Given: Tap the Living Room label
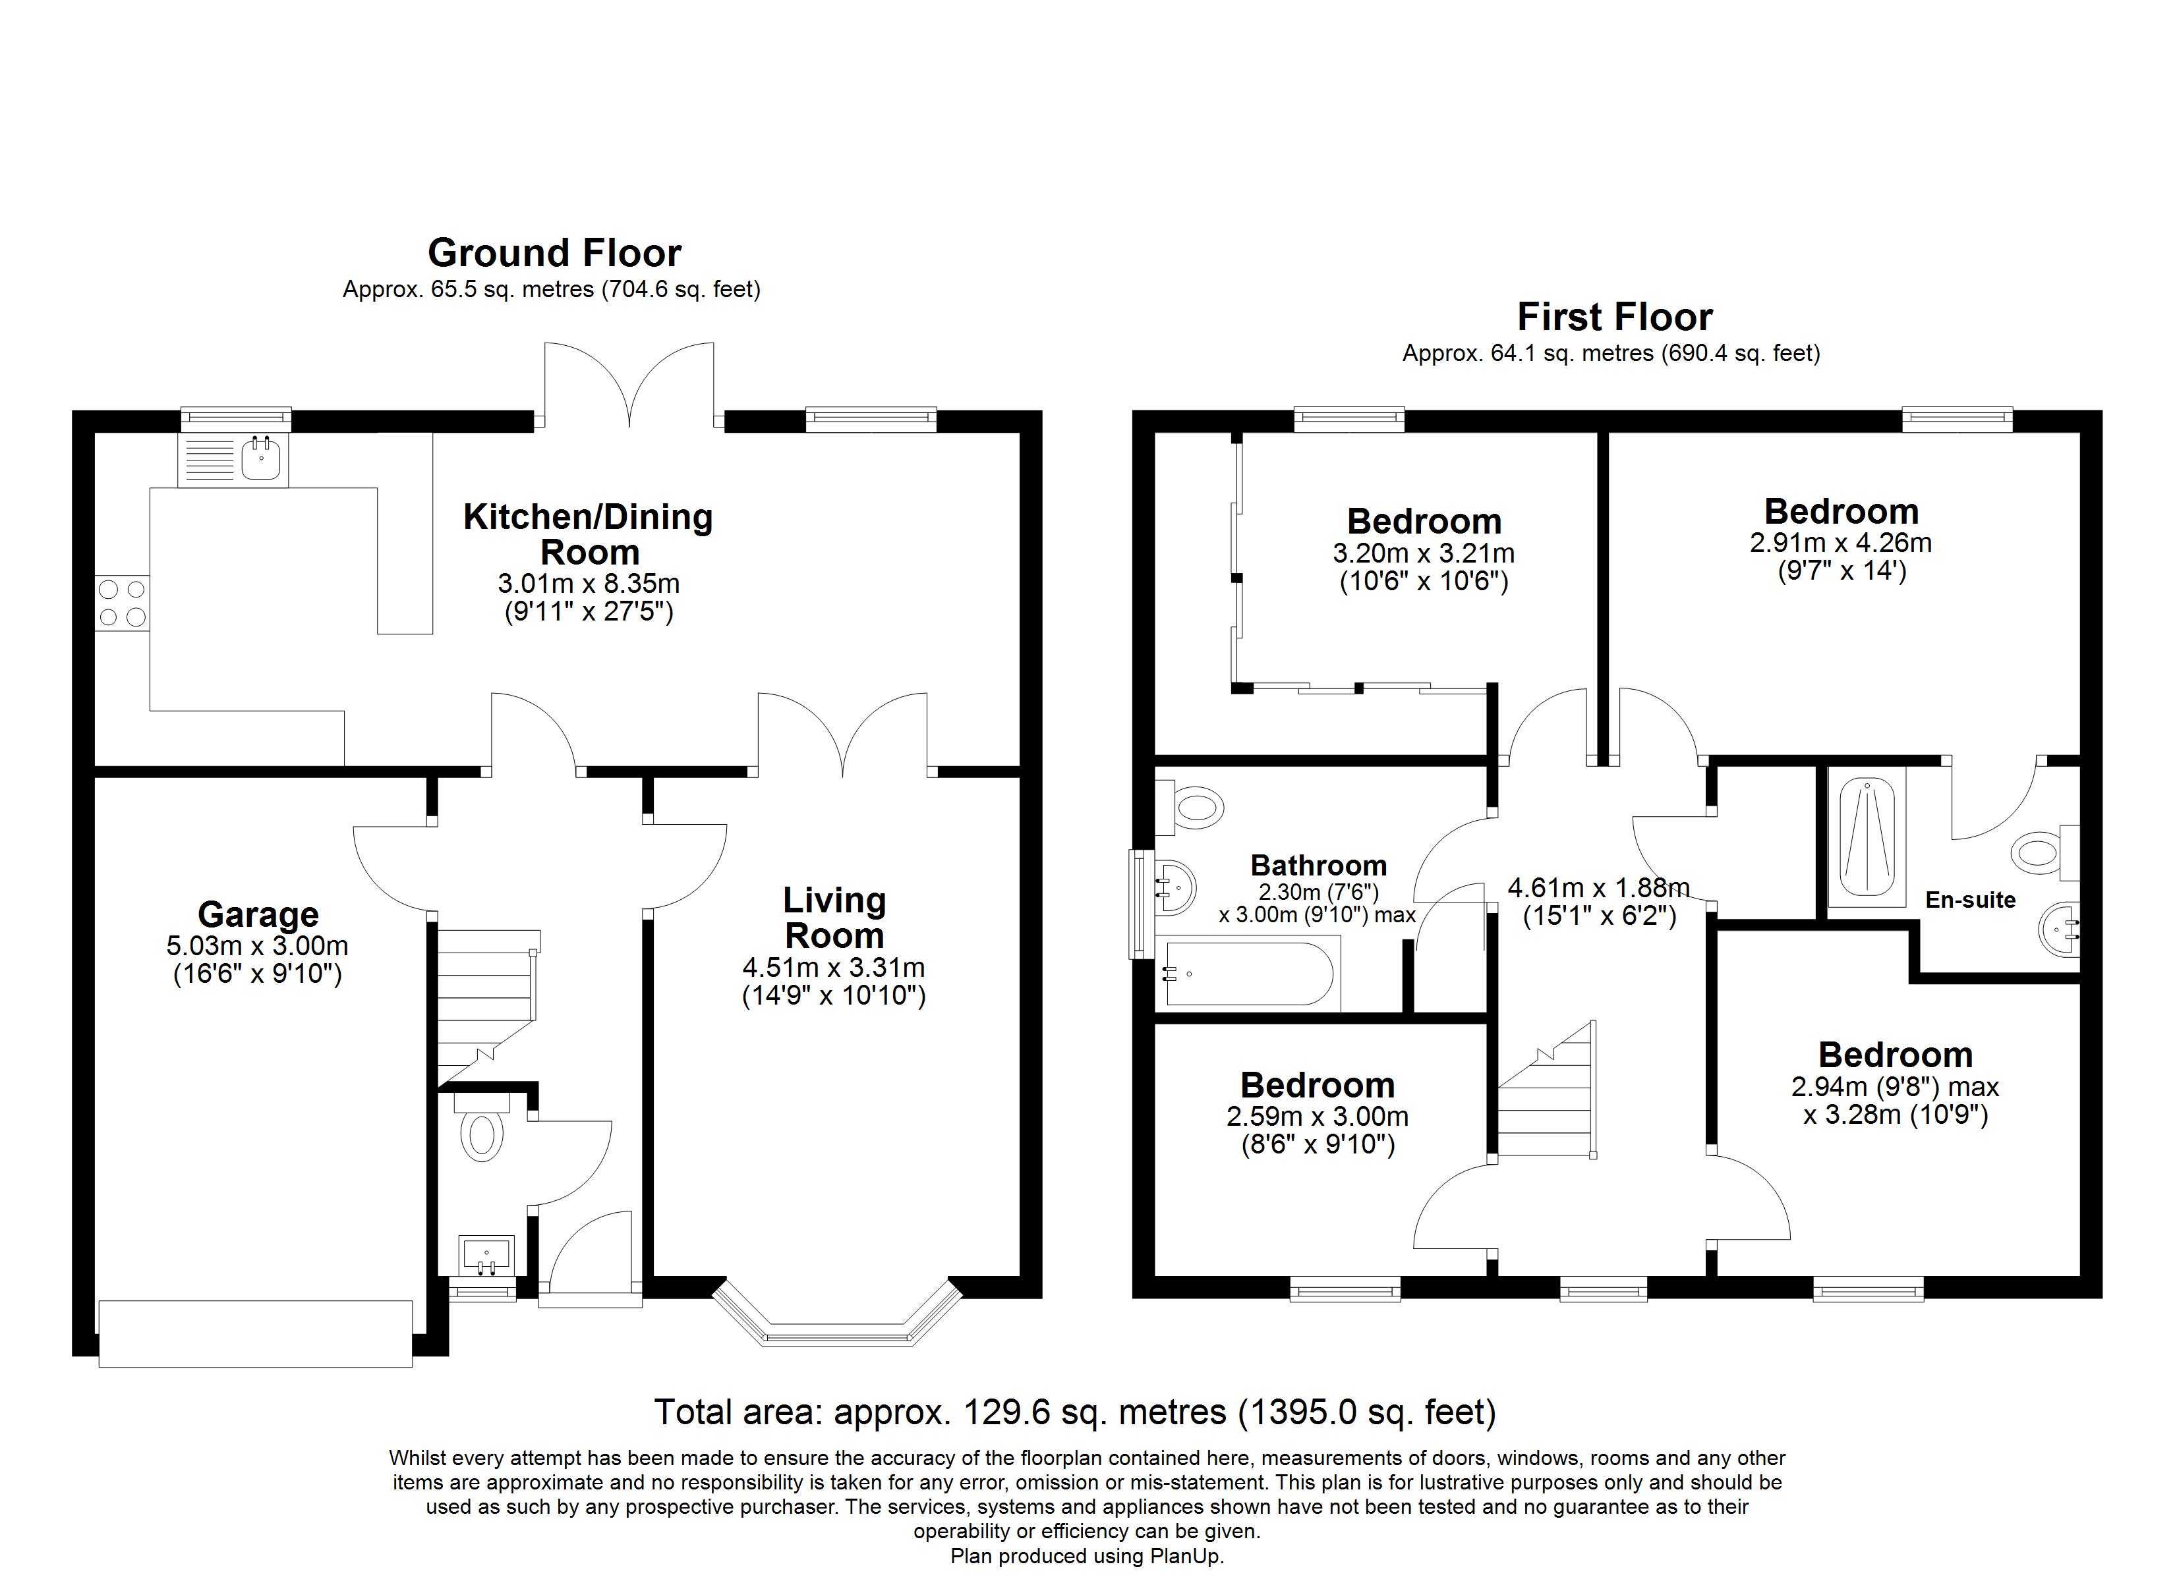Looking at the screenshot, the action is (x=834, y=918).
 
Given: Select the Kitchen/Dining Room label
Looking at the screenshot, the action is (x=588, y=534).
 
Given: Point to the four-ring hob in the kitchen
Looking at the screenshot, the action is (x=122, y=603).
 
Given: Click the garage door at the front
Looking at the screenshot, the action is (x=255, y=1333).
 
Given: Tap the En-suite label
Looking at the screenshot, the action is (x=1971, y=901).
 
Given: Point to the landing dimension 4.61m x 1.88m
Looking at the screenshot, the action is (x=1599, y=889).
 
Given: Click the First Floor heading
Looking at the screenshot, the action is (x=1615, y=318).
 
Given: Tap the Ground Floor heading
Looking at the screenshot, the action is (x=554, y=253).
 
